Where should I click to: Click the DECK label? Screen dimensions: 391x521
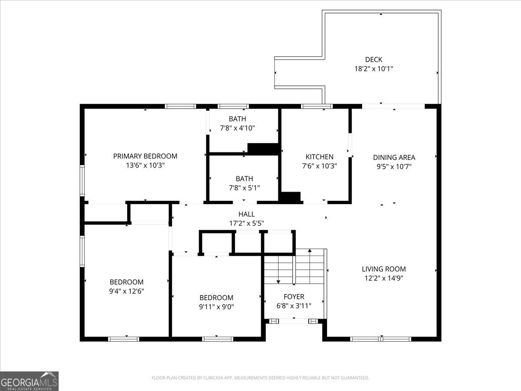point(373,60)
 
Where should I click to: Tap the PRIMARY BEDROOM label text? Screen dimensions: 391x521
point(145,156)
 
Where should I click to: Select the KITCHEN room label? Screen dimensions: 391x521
point(320,157)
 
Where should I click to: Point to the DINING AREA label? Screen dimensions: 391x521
point(394,157)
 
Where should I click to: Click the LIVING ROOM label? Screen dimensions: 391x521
point(384,269)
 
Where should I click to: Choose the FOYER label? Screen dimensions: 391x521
point(294,297)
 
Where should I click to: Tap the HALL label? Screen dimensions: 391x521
point(246,214)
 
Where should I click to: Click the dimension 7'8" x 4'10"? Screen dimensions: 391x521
point(237,128)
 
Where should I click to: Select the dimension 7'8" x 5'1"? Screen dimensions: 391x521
point(244,187)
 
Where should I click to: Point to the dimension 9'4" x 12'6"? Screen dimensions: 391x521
point(126,291)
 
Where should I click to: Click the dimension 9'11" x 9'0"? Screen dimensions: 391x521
point(216,307)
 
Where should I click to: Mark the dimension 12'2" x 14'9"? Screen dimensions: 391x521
point(384,278)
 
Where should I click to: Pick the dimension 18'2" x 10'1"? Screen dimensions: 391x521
point(373,69)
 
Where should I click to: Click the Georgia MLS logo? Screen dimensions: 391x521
point(29,381)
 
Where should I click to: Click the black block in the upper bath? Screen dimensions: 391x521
point(262,148)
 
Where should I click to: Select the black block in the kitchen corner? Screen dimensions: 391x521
point(290,197)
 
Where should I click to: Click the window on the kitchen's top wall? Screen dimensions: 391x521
point(317,106)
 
